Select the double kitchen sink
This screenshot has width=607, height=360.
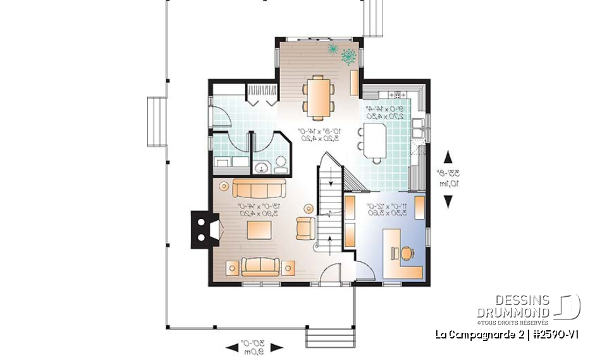(418, 128)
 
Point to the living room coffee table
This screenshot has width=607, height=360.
(260, 230)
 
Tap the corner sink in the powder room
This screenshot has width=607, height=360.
(261, 168)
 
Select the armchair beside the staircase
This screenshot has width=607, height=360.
(305, 227)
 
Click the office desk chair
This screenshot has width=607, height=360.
(406, 253)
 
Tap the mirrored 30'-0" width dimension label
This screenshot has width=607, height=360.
(255, 347)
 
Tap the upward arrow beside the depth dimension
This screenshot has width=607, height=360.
(448, 157)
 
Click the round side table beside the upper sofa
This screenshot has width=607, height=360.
(223, 187)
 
